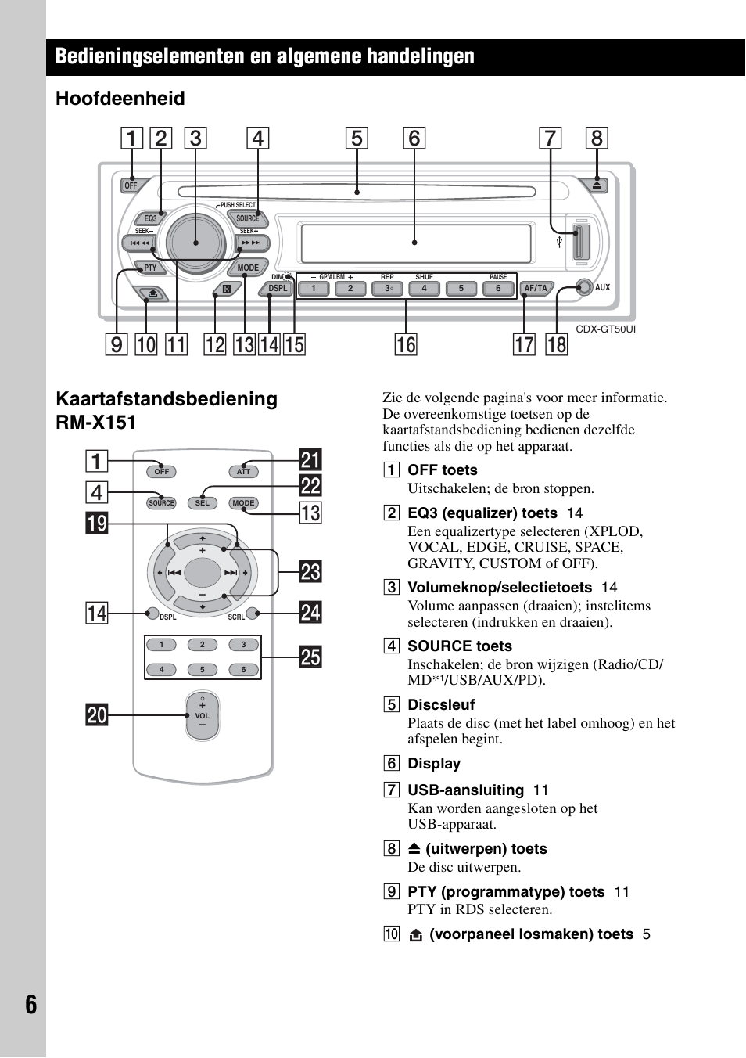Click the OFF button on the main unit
pyautogui.click(x=131, y=185)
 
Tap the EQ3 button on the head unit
pyautogui.click(x=150, y=218)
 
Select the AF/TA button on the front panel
pyautogui.click(x=536, y=288)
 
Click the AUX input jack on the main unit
pyautogui.click(x=583, y=287)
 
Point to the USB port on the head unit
pyautogui.click(x=579, y=242)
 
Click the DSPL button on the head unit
pyautogui.click(x=278, y=288)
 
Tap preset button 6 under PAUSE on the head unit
pyautogui.click(x=497, y=289)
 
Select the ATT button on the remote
pyautogui.click(x=243, y=472)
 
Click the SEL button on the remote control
pyautogui.click(x=202, y=503)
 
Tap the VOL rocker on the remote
pyautogui.click(x=202, y=715)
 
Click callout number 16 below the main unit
pyautogui.click(x=405, y=344)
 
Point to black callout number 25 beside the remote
pyautogui.click(x=310, y=657)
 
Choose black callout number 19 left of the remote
pyautogui.click(x=97, y=522)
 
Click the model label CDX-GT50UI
pyautogui.click(x=605, y=329)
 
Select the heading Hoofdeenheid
pyautogui.click(x=120, y=99)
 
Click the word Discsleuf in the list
pyautogui.click(x=441, y=704)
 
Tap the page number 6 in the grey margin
pyautogui.click(x=30, y=1004)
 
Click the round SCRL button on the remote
pyautogui.click(x=253, y=613)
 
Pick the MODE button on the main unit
pyautogui.click(x=248, y=268)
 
